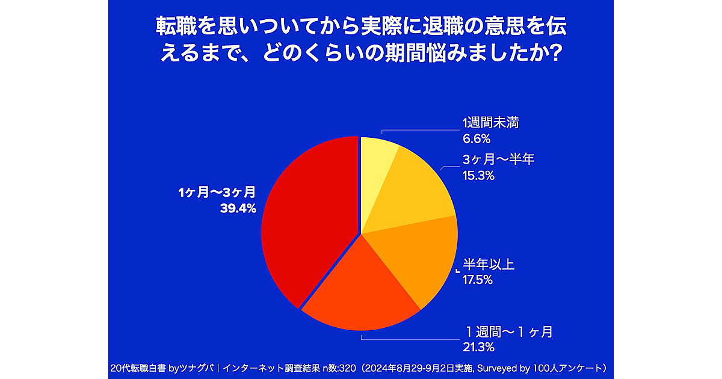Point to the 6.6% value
click(477, 139)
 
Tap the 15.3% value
click(478, 176)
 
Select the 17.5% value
click(478, 280)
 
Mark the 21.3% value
click(478, 347)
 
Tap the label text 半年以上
click(489, 264)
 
